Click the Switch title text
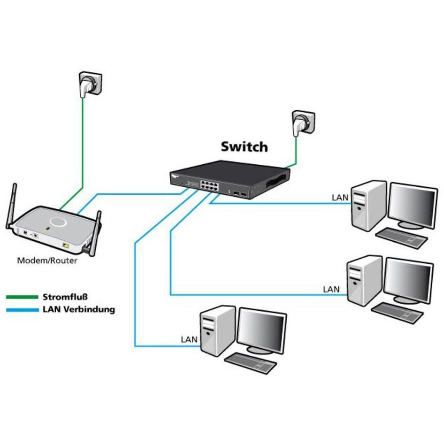[244, 146]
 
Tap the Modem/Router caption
[47, 260]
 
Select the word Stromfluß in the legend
[65, 297]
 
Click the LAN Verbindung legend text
[78, 310]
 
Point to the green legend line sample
[22, 297]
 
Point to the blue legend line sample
[22, 310]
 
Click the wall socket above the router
[90, 84]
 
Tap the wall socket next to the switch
[302, 122]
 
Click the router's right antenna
[95, 233]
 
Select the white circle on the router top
[58, 221]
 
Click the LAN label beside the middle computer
[331, 290]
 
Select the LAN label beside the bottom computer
[190, 339]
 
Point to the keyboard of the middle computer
[397, 312]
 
